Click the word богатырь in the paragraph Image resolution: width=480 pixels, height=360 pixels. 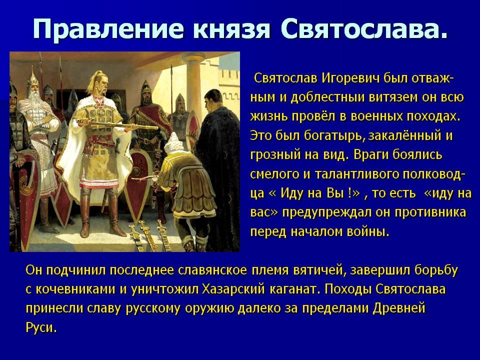coord(333,136)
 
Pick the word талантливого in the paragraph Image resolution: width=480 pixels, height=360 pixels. coord(356,174)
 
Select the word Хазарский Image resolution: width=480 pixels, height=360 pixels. coord(233,289)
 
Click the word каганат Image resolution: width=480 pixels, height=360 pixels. coord(294,289)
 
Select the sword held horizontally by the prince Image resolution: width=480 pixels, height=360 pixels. coord(118,124)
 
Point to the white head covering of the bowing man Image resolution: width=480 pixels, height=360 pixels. coord(175,144)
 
